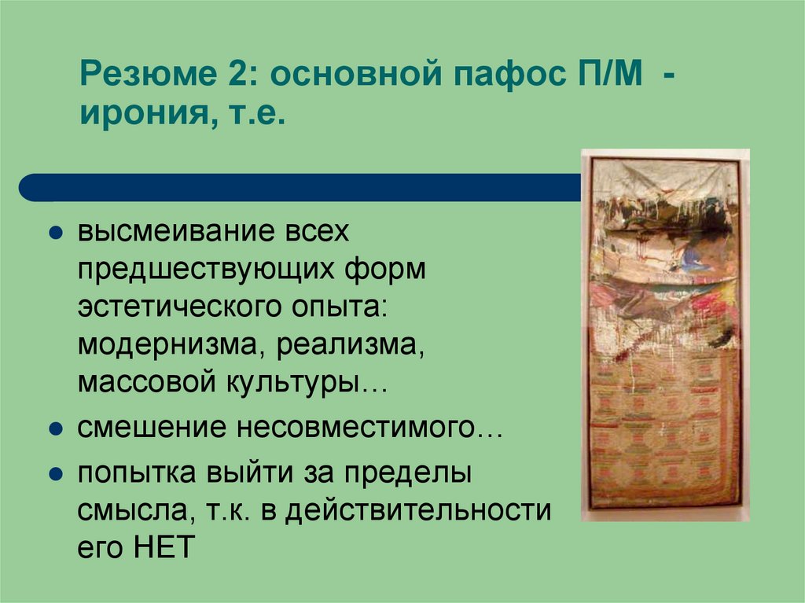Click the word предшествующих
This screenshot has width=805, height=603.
click(x=208, y=271)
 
